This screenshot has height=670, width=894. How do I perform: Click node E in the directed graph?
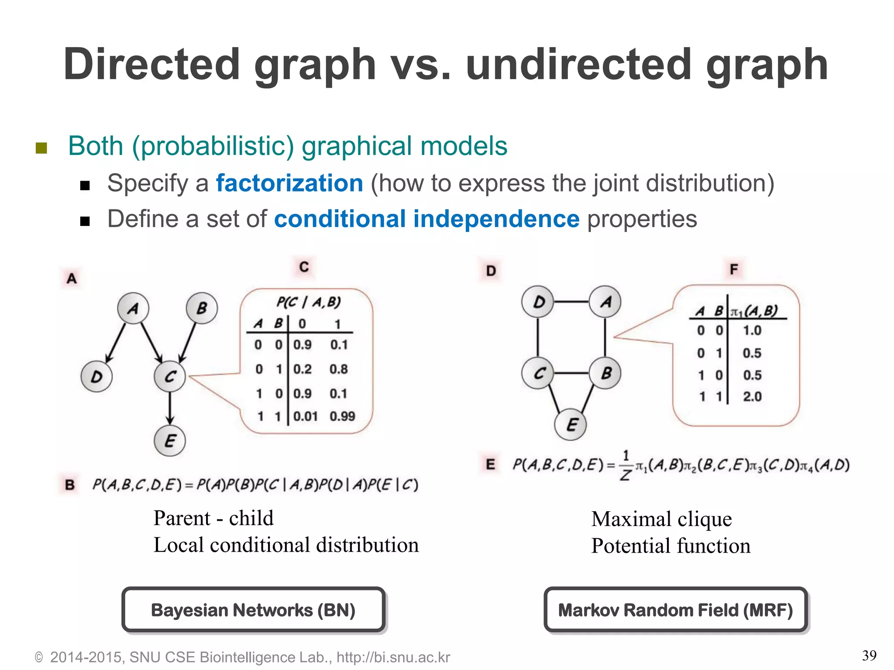[170, 441]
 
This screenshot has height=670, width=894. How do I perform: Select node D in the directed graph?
[96, 376]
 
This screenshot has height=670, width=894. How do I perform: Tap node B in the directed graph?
[202, 308]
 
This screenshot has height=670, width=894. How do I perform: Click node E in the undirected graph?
[572, 424]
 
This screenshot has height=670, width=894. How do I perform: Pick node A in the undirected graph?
[605, 301]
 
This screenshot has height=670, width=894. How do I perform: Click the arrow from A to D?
[116, 342]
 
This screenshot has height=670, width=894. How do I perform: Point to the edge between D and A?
[572, 301]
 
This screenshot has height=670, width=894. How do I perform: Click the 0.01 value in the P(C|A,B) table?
[305, 416]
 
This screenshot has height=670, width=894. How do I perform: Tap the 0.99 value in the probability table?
[342, 416]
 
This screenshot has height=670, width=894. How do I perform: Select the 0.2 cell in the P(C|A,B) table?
[302, 369]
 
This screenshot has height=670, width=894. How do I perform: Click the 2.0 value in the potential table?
[752, 397]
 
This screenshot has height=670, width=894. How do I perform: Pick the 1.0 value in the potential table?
[752, 330]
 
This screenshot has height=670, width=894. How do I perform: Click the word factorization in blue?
[289, 183]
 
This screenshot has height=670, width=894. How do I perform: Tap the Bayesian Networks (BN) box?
[253, 610]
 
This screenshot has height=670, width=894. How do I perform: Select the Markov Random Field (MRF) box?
[676, 610]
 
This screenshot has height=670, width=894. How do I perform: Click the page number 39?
[869, 655]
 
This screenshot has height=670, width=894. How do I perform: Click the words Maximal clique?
[661, 519]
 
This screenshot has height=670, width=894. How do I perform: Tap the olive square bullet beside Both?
[41, 148]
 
